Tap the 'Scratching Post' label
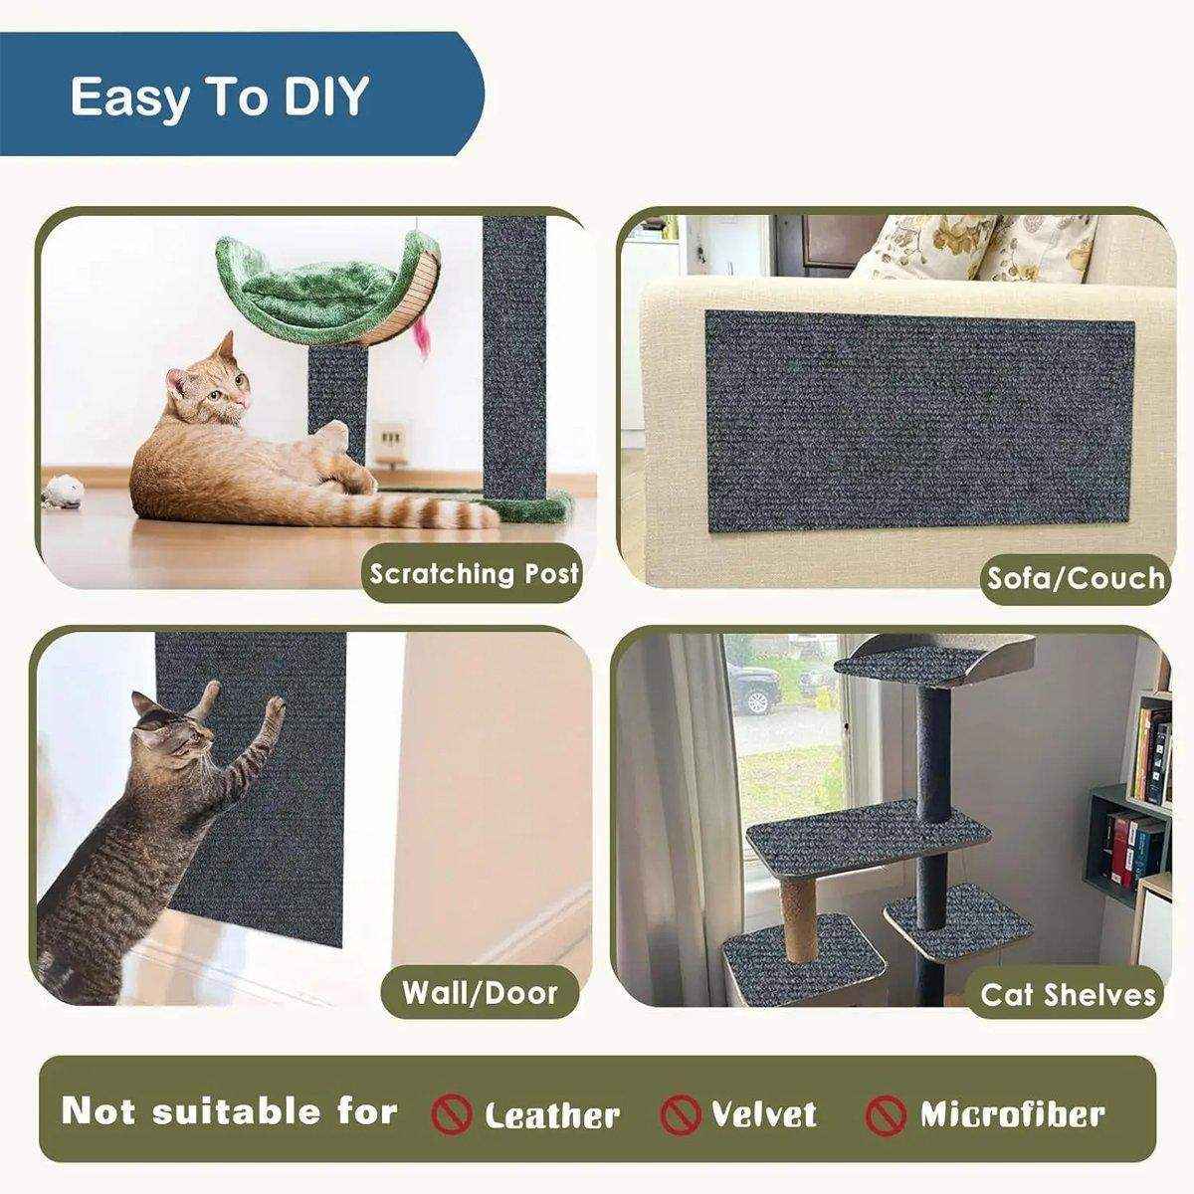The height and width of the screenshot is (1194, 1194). tap(474, 574)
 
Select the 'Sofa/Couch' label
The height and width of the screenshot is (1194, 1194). tap(1075, 578)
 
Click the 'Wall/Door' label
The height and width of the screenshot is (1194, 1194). tap(480, 992)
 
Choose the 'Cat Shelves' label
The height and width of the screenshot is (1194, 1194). tap(1069, 995)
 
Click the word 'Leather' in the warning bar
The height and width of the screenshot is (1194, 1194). tap(551, 1115)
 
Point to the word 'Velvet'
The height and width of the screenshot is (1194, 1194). tap(763, 1113)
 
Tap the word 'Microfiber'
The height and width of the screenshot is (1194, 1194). tap(1012, 1113)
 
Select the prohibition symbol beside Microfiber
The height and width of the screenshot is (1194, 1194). tap(886, 1114)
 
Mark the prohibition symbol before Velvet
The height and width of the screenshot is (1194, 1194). tap(680, 1113)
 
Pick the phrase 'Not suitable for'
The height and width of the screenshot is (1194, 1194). tap(230, 1110)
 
